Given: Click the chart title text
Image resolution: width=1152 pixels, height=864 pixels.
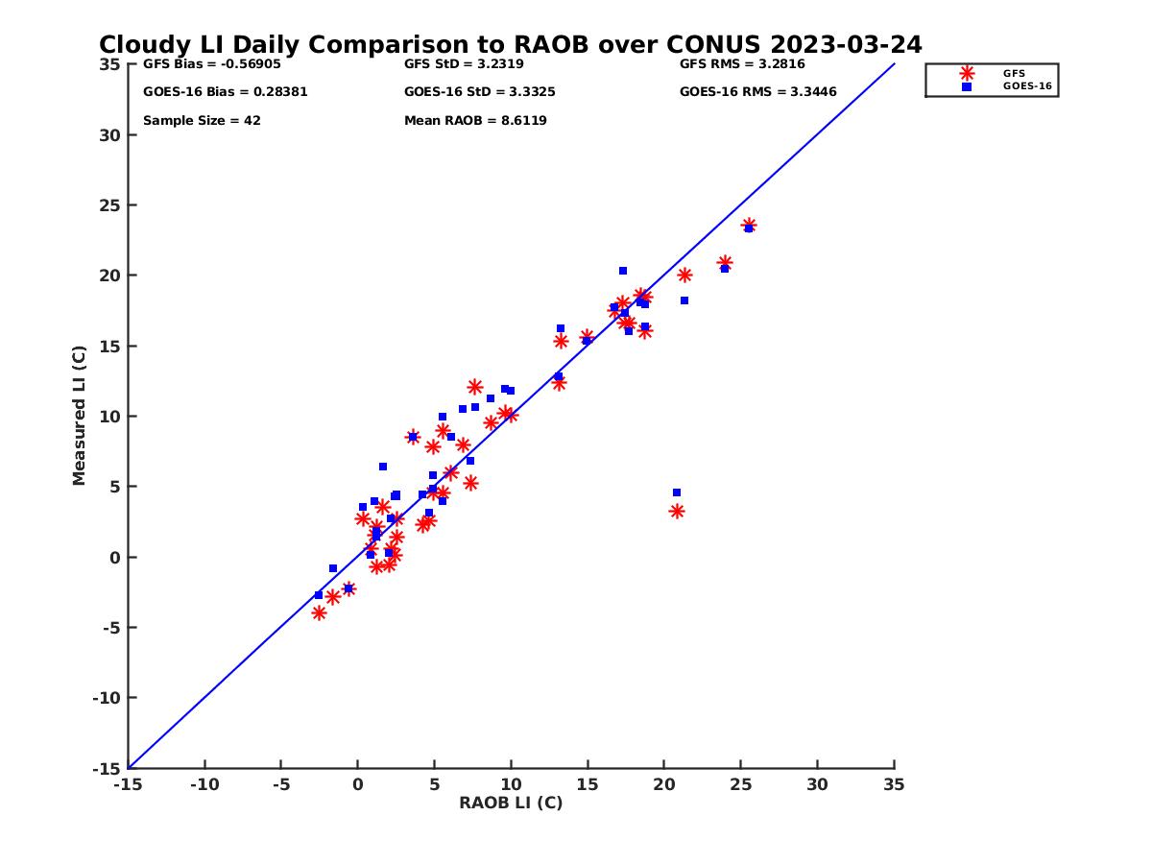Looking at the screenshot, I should pos(510,44).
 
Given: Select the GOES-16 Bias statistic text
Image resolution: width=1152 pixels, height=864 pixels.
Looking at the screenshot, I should pos(225,92).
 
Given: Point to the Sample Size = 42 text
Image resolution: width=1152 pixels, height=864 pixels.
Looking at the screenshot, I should pos(202,121).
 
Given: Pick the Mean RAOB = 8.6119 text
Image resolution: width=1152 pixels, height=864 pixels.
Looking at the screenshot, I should pos(475,121).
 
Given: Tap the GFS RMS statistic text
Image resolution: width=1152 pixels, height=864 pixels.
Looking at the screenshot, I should pos(742,64).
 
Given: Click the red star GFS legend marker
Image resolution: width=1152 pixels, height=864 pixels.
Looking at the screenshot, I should pos(967,73).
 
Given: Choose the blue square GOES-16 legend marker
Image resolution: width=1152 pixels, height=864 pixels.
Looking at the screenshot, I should pos(967,86).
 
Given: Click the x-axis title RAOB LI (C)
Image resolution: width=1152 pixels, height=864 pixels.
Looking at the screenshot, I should pos(511,803).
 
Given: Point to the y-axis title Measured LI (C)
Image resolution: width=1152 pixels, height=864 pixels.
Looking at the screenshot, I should pos(79,416).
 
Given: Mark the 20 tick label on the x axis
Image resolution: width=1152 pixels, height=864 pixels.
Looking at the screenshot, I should pos(664,784).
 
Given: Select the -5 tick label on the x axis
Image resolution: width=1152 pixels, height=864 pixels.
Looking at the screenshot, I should pos(280,784).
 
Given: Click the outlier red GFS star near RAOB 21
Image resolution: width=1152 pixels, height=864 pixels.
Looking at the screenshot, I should pos(677,512).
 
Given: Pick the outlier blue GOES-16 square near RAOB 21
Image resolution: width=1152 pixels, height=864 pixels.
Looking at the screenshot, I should pos(677,492).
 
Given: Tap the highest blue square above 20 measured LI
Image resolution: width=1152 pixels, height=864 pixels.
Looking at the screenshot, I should pos(623,271).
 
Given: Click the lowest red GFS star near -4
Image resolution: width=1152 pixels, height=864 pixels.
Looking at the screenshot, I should pos(320,612).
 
